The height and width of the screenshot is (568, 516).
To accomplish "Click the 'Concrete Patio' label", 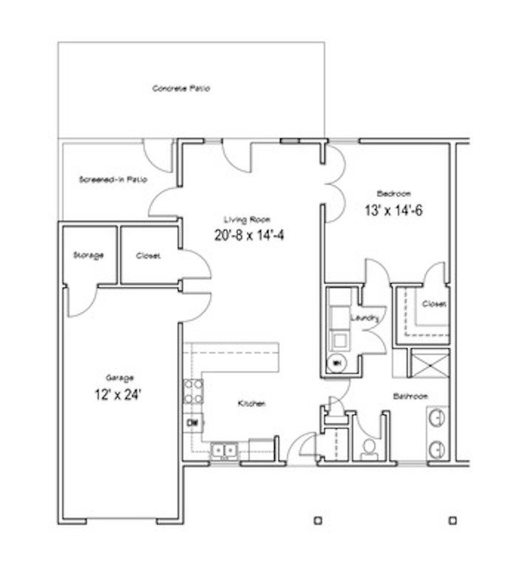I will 180,89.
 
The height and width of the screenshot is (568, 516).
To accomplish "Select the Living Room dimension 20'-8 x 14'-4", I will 247,237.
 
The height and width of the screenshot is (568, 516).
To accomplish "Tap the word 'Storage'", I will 88,255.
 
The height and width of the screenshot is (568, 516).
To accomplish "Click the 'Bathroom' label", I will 410,396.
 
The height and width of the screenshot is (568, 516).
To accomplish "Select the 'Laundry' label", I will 365,317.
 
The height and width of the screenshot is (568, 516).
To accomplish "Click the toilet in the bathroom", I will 368,447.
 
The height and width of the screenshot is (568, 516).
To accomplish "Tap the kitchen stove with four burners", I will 194,390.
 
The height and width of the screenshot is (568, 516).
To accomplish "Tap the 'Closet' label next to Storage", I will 149,256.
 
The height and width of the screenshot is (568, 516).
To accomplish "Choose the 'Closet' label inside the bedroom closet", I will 433,304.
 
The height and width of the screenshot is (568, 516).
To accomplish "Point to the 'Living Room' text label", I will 247,219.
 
